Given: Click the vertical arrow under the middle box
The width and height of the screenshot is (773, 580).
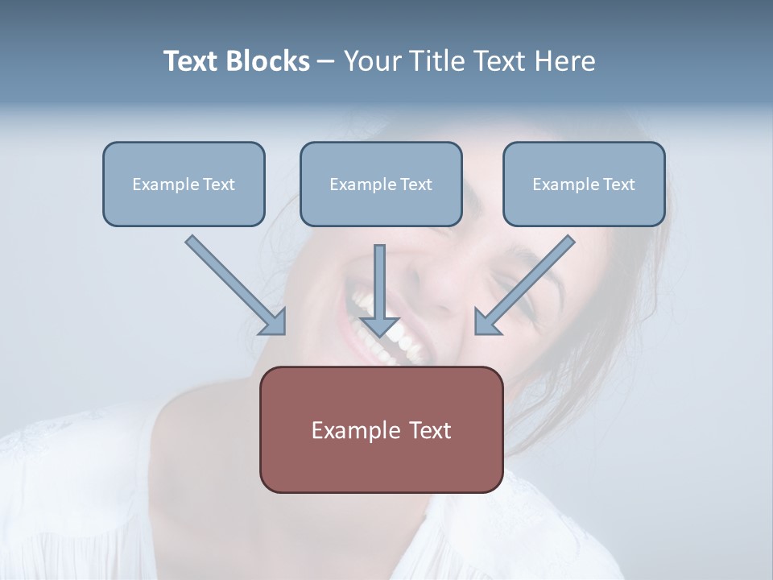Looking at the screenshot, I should click(380, 282).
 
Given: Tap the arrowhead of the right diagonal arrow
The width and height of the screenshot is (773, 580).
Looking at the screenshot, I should click(486, 322).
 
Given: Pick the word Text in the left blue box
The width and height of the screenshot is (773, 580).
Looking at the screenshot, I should click(218, 184).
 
